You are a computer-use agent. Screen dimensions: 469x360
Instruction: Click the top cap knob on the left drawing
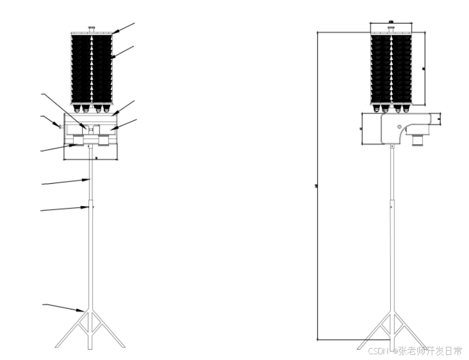[91, 29]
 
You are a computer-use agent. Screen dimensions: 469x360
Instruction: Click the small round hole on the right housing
[399, 125]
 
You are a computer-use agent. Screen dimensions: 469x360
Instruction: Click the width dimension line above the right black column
[391, 24]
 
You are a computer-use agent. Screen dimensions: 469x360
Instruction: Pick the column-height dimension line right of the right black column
[425, 69]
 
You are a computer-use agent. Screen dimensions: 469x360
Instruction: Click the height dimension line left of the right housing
[362, 129]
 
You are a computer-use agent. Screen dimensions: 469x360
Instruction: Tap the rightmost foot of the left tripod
[123, 346]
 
